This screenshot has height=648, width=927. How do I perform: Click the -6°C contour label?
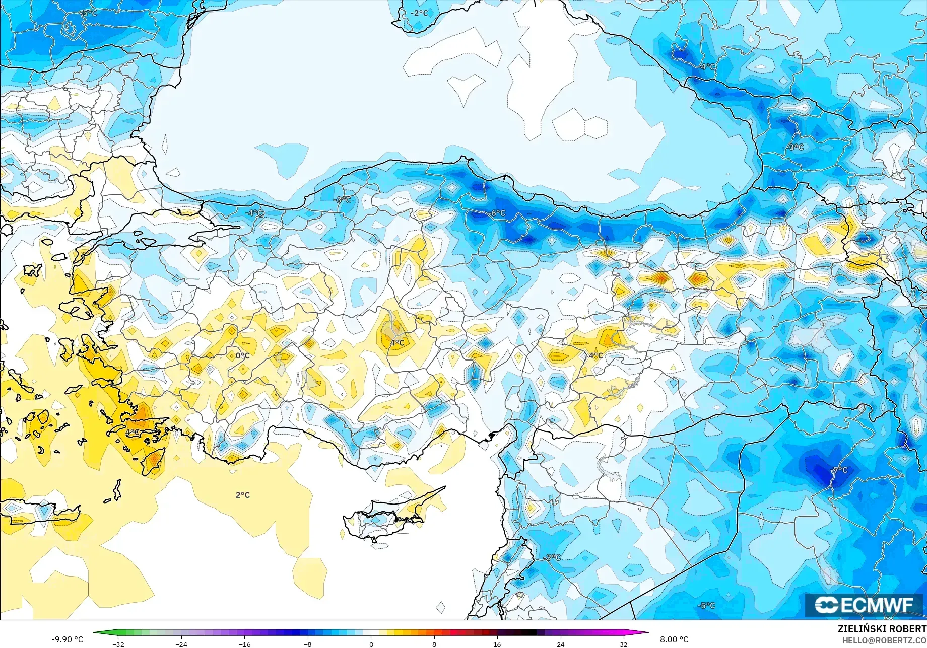point(497,213)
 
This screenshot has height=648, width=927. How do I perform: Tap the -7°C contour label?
point(839,470)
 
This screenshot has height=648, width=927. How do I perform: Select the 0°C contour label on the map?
point(242,355)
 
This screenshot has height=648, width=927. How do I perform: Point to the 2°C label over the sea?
point(242,495)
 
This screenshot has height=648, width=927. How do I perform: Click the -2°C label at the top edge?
point(419,13)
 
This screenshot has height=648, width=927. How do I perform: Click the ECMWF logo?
point(864,605)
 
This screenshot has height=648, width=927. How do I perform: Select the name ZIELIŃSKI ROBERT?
point(882,629)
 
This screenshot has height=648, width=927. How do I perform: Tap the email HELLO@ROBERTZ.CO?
point(884,640)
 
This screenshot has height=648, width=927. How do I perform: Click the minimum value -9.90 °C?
point(67,639)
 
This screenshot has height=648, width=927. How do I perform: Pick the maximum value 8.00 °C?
point(674,639)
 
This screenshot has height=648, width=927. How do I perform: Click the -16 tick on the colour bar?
point(244,644)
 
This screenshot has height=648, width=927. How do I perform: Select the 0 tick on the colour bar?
point(371,644)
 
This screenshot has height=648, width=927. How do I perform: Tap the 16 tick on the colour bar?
point(497,644)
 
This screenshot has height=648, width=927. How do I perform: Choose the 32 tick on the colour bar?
point(624,644)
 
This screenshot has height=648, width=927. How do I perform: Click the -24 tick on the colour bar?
point(181,644)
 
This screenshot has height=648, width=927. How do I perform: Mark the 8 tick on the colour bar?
point(434,644)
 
